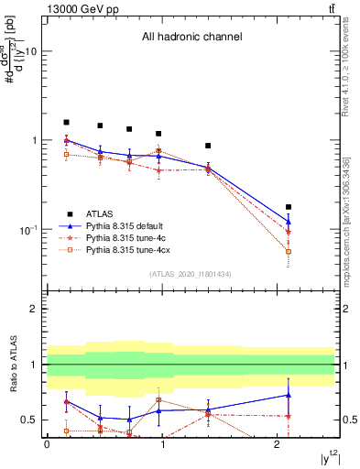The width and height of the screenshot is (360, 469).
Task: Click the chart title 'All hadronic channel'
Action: coord(191,38)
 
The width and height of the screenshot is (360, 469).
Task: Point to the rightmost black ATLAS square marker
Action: coord(289,207)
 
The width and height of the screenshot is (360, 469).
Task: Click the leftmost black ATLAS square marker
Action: coord(66,122)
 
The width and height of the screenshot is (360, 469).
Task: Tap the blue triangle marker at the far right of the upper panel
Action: coord(289,222)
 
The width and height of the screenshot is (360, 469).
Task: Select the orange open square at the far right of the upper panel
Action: coord(289,251)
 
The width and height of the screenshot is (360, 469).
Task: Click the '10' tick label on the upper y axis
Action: coord(30,52)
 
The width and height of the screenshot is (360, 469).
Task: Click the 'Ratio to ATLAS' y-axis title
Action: coord(13,365)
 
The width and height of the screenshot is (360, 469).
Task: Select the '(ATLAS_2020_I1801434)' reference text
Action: coord(191,275)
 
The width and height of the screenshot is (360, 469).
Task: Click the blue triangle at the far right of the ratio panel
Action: coord(289,395)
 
